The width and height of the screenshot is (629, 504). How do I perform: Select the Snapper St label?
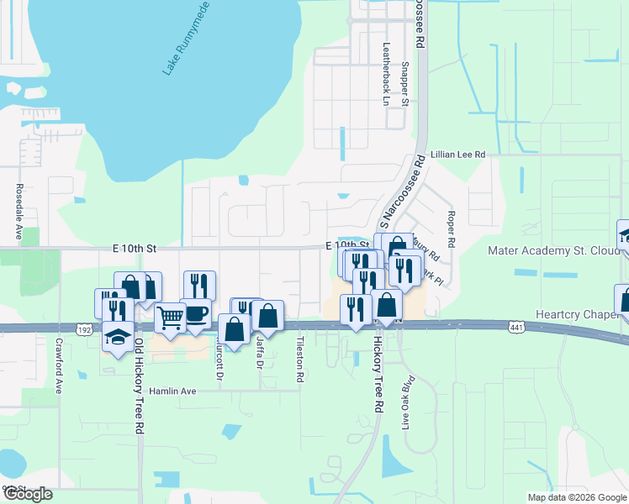[x=404, y=84]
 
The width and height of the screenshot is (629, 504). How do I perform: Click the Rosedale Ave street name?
[x=18, y=212]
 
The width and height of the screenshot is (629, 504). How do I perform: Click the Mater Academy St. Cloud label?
[x=551, y=250]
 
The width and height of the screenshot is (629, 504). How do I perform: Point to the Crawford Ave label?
[x=59, y=373]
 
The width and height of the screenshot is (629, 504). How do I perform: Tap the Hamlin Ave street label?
[x=172, y=391]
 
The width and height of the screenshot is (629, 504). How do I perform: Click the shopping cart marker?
[x=170, y=318]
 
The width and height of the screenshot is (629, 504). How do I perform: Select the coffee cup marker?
[x=196, y=313]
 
